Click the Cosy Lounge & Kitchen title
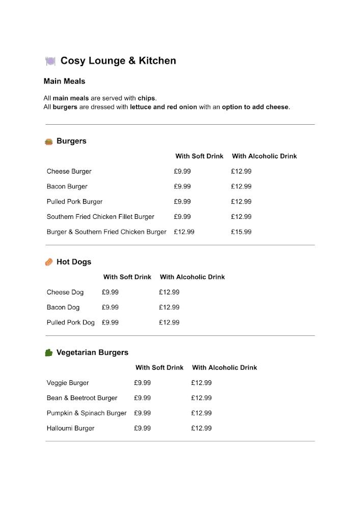click(118, 61)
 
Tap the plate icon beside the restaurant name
click(50, 61)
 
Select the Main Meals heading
click(64, 81)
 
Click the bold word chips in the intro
click(147, 98)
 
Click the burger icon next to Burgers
click(49, 142)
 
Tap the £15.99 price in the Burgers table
click(241, 232)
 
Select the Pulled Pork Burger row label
click(74, 202)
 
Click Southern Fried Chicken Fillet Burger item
click(100, 217)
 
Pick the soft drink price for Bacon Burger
click(182, 186)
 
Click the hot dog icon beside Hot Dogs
click(49, 262)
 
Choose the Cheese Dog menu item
click(65, 292)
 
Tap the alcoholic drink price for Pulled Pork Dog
click(169, 323)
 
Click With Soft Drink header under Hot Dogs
click(127, 277)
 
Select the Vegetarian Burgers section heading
click(92, 353)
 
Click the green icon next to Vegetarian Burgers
click(49, 353)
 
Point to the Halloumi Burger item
click(70, 429)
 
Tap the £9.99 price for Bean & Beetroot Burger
click(143, 398)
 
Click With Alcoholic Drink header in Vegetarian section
click(225, 367)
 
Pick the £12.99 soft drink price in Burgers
click(184, 232)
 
